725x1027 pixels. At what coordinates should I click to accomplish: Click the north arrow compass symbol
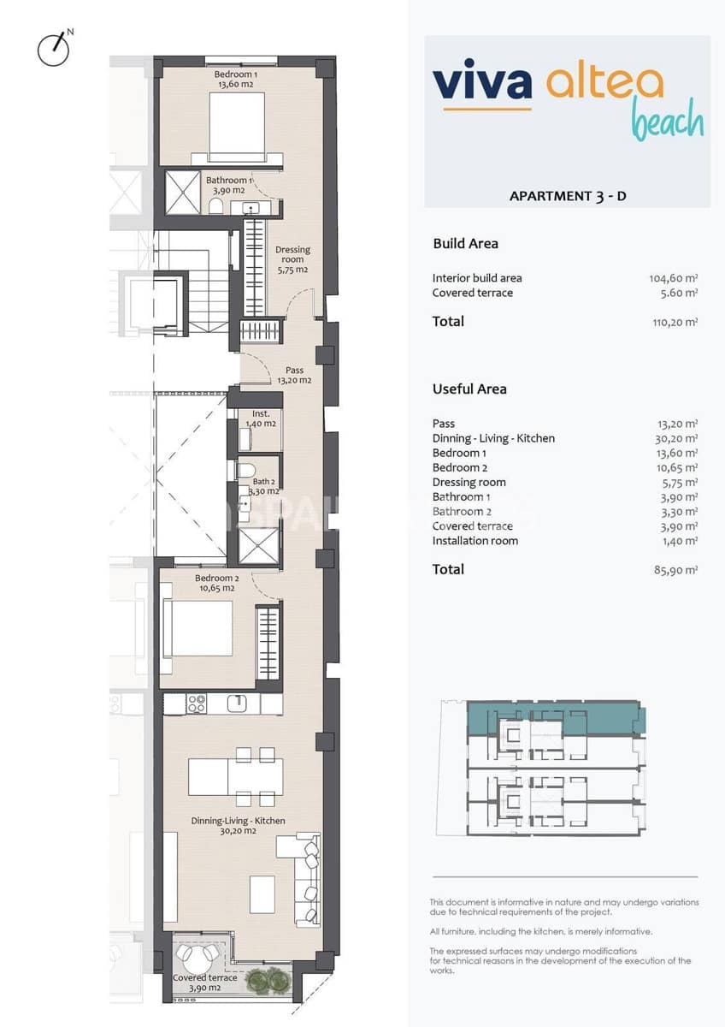coord(54,49)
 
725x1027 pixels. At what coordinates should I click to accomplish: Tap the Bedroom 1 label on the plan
coord(236,80)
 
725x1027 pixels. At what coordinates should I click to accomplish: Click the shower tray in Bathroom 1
coord(182,193)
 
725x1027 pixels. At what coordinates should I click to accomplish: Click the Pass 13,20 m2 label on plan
coord(294,376)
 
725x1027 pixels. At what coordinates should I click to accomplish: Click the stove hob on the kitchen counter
coord(197,703)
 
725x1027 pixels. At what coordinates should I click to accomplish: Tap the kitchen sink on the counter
coord(239,703)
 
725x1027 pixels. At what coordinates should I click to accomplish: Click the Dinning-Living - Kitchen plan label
coord(239,826)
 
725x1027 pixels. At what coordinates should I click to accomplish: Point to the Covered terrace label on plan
coord(204,982)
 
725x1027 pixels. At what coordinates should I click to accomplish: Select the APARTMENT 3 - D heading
coord(568,196)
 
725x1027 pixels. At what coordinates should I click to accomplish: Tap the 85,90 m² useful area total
coord(675,570)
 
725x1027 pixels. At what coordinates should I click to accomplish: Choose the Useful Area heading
coord(469,389)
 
